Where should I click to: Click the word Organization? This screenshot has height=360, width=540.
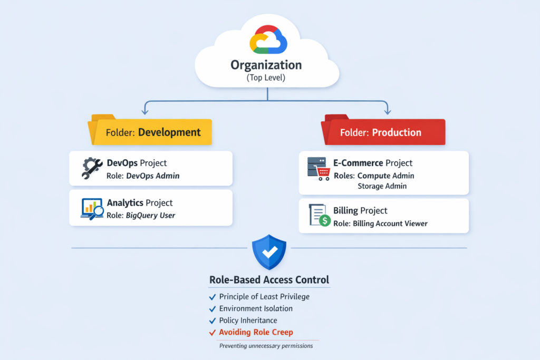(x=266, y=65)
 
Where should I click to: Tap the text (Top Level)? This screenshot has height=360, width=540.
(x=266, y=78)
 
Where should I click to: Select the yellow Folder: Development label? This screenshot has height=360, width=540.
(x=153, y=132)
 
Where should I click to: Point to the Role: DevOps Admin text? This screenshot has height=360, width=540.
(x=143, y=176)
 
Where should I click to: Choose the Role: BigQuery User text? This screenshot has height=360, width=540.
(x=141, y=215)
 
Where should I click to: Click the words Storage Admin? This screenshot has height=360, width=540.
(x=382, y=186)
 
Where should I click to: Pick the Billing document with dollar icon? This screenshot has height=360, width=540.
(x=319, y=216)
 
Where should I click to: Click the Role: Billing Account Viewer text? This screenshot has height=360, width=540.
(x=380, y=223)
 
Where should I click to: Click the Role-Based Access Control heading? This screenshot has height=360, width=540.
(x=269, y=279)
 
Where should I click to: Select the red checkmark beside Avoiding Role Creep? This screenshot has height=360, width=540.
(x=213, y=333)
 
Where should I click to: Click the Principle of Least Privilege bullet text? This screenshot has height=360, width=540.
(x=264, y=296)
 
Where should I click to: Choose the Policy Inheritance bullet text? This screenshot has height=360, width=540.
(x=248, y=320)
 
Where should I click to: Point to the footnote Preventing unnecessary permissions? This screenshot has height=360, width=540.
(x=266, y=346)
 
